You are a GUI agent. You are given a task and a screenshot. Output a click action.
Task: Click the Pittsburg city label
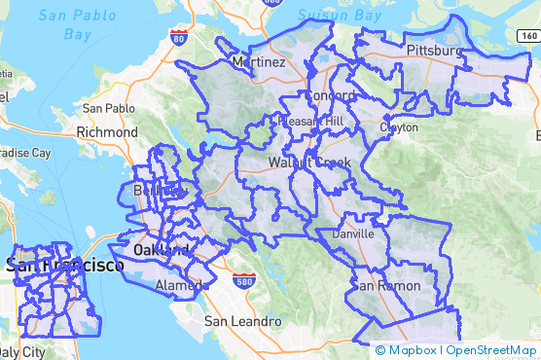tap(435, 49)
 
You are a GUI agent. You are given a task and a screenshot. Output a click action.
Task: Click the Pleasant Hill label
tap(310, 122)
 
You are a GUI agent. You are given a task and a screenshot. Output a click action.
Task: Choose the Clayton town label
tap(398, 127)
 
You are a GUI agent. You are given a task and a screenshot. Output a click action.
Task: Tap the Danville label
tap(352, 234)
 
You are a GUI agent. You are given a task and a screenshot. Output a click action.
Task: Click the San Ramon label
tap(386, 286)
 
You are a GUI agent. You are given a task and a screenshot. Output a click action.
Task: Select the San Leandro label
tap(242, 321)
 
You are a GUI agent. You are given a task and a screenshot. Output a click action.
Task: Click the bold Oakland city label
tap(161, 250)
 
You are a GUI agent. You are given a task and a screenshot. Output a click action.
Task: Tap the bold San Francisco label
tap(64, 265)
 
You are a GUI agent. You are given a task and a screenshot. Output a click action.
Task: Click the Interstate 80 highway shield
tap(177, 38)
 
